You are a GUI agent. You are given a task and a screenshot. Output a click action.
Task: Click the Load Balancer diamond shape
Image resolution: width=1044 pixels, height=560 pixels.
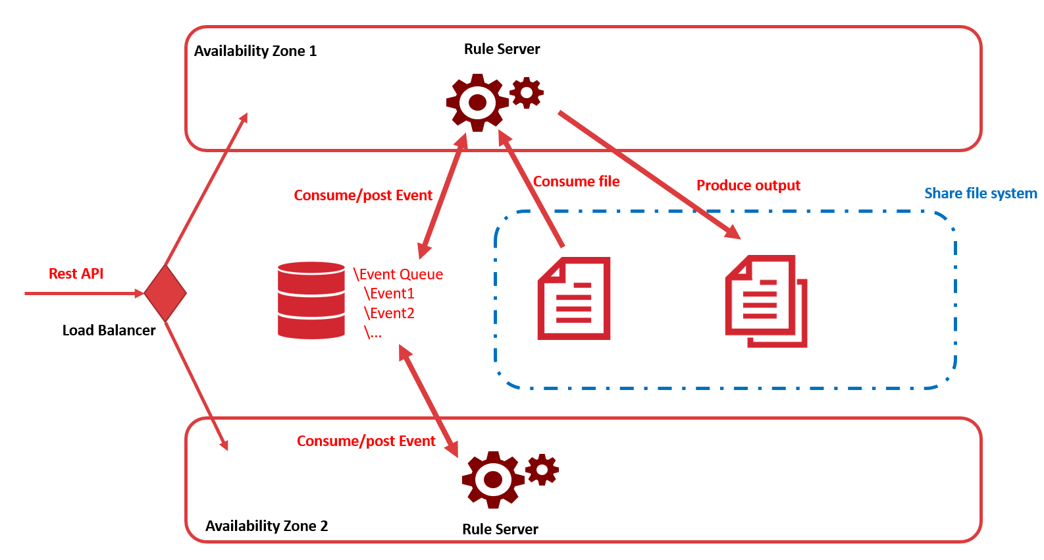[x=165, y=293]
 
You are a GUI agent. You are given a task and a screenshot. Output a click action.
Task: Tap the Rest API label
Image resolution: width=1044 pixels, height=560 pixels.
[x=76, y=273]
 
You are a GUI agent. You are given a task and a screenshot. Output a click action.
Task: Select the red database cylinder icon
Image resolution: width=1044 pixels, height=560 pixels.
[x=311, y=300]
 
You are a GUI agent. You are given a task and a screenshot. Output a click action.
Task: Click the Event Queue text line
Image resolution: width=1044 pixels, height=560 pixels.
[x=398, y=274]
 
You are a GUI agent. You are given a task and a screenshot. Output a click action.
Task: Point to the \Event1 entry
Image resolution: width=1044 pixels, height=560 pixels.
[x=389, y=293]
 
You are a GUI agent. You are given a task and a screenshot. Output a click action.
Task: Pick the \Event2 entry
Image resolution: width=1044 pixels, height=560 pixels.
[x=389, y=313]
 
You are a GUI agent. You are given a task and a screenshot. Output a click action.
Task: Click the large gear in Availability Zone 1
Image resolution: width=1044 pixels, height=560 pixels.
[x=477, y=103]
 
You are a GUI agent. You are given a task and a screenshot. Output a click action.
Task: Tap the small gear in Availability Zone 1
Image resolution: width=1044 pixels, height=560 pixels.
[x=527, y=93]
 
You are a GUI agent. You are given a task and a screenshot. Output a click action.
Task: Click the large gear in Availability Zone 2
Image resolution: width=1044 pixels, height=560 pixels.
[x=493, y=480]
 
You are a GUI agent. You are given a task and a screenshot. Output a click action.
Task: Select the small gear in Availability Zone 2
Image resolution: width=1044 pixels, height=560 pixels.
[x=542, y=470]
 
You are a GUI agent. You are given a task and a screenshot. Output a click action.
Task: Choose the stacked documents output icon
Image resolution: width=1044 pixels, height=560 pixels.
[x=766, y=301]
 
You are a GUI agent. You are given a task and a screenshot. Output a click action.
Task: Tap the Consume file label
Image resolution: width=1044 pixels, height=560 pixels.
[x=577, y=181]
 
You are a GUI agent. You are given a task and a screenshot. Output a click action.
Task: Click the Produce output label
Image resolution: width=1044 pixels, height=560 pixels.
[x=748, y=185]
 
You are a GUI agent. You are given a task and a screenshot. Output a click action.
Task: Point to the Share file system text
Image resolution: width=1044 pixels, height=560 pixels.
[x=980, y=193]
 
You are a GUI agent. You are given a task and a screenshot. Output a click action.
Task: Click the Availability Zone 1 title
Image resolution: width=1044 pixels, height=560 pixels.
[x=255, y=51]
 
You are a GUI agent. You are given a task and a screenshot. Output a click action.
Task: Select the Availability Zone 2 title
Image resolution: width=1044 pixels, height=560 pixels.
[x=267, y=526]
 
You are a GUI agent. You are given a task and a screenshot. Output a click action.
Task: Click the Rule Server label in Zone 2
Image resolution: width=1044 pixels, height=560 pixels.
[x=500, y=529]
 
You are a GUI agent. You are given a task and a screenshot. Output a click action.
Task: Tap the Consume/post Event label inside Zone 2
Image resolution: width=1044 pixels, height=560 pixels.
[x=366, y=441]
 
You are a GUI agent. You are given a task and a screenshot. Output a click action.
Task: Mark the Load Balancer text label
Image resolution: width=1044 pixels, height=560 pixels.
[x=109, y=330]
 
